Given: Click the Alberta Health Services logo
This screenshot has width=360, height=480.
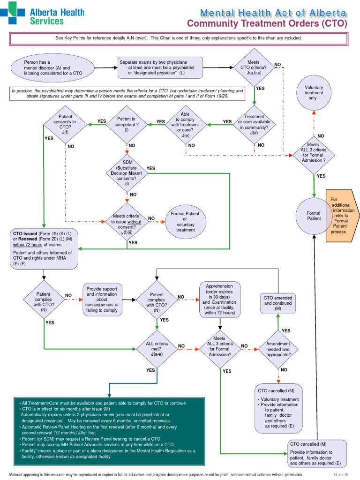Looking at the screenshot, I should click(42, 14).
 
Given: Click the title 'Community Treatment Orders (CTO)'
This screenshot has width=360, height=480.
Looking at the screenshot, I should click(267, 23).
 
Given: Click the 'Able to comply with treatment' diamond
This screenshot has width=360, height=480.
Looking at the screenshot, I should click(185, 125).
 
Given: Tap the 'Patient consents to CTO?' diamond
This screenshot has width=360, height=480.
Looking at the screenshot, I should click(65, 125).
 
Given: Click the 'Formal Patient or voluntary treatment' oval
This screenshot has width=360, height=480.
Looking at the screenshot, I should click(185, 221).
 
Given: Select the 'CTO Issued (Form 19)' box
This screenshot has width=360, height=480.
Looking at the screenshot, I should click(44, 248).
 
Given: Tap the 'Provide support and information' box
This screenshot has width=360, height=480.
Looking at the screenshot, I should click(103, 299).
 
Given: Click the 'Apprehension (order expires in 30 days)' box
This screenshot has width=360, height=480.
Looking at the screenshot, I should click(220, 299).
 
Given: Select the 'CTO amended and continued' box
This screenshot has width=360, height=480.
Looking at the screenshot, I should click(277, 303).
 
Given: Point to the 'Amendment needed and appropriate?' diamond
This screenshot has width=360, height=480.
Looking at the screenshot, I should click(277, 349).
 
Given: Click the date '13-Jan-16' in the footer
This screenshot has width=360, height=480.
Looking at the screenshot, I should click(341, 475).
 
